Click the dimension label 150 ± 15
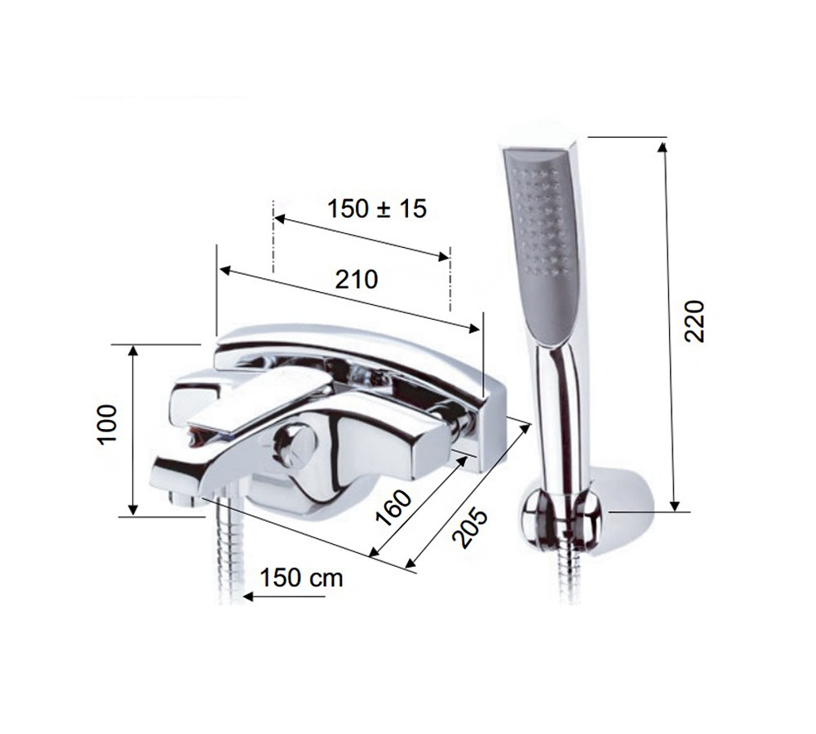coord(377,209)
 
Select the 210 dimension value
coord(357,280)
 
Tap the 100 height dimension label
coord(108,424)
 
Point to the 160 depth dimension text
coord(394,508)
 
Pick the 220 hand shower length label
coord(694,321)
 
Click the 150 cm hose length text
coord(301,577)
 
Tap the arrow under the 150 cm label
coord(284,597)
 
